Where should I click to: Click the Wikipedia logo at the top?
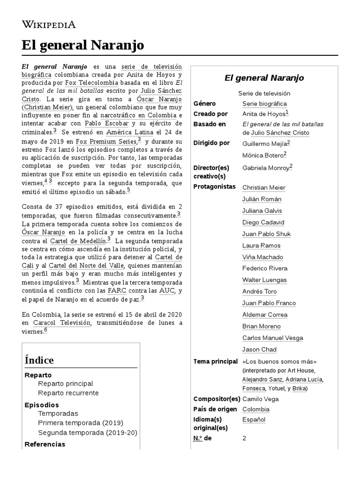click(x=49, y=25)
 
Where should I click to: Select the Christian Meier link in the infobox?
click(x=263, y=187)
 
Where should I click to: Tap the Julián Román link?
click(x=261, y=199)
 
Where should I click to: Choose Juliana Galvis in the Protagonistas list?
click(x=262, y=210)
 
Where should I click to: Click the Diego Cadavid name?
click(x=263, y=222)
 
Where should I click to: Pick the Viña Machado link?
click(x=262, y=257)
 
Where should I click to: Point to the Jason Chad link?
click(x=259, y=349)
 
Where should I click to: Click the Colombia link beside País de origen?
click(x=256, y=409)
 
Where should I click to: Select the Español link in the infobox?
click(x=254, y=420)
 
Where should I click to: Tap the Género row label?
click(x=205, y=104)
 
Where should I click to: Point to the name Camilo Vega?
click(x=260, y=399)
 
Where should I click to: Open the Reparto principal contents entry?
click(x=66, y=383)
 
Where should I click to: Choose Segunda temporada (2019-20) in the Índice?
click(x=88, y=433)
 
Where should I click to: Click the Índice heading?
click(x=39, y=360)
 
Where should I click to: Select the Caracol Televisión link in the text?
click(x=61, y=323)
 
